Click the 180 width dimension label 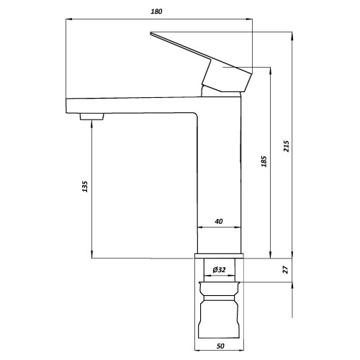[x=156, y=12]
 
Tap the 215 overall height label [x=287, y=145]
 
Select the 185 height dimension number [x=264, y=161]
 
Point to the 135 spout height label [x=85, y=186]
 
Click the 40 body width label [x=219, y=221]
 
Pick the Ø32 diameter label [x=219, y=269]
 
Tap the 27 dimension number [x=285, y=270]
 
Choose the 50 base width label [x=220, y=346]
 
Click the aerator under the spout [x=91, y=117]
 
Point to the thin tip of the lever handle [x=150, y=33]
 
